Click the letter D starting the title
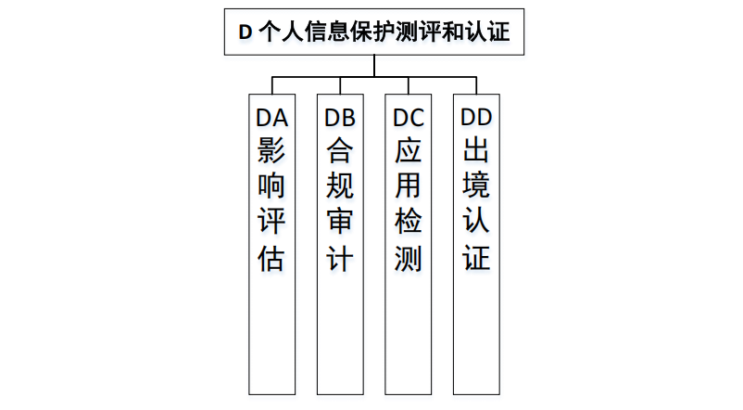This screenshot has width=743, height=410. click(x=246, y=31)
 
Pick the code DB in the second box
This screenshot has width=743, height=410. click(x=340, y=118)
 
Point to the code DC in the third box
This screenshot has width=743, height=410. click(x=408, y=118)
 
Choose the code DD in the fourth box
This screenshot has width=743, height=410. click(x=476, y=118)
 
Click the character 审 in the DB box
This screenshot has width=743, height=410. click(x=340, y=223)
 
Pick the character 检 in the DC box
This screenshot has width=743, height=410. click(x=408, y=223)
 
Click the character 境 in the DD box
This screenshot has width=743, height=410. click(x=476, y=186)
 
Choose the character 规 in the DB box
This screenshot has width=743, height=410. click(x=340, y=186)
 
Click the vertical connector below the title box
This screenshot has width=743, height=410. click(x=374, y=65)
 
